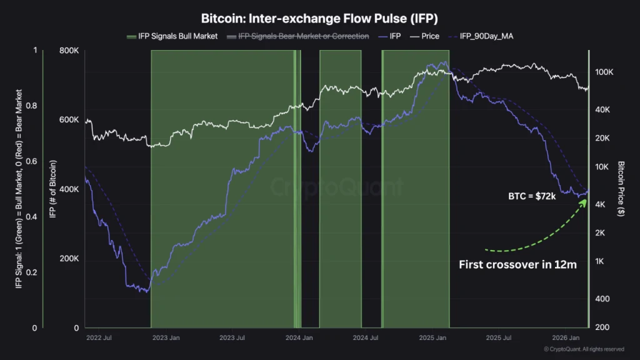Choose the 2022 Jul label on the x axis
click(x=98, y=338)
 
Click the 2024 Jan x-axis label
click(x=299, y=338)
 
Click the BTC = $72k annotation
click(x=532, y=196)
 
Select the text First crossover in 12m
click(x=517, y=264)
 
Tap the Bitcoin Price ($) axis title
click(x=621, y=188)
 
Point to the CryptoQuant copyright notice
click(x=583, y=349)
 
